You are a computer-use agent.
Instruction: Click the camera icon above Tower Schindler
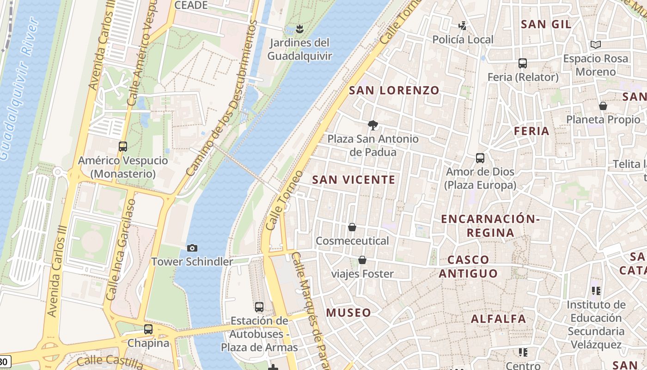click(192, 248)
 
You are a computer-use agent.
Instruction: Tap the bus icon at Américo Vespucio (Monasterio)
click(123, 147)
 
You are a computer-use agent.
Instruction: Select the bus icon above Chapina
click(148, 329)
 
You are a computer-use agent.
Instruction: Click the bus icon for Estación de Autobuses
click(259, 307)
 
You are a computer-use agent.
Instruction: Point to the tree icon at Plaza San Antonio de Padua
click(372, 125)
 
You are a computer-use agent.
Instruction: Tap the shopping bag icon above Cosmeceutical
click(352, 227)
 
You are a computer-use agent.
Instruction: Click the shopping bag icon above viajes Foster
click(362, 260)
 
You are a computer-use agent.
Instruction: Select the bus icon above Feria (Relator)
click(523, 63)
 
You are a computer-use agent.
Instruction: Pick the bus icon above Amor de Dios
click(480, 158)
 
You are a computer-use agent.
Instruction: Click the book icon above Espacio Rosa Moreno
click(596, 45)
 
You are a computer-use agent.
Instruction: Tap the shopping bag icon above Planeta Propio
click(603, 106)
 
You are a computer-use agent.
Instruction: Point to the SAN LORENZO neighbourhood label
click(394, 90)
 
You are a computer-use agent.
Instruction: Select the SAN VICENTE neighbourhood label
click(354, 179)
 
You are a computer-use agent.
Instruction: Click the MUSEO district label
click(348, 313)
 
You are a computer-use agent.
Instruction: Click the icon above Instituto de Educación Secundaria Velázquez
click(596, 291)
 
